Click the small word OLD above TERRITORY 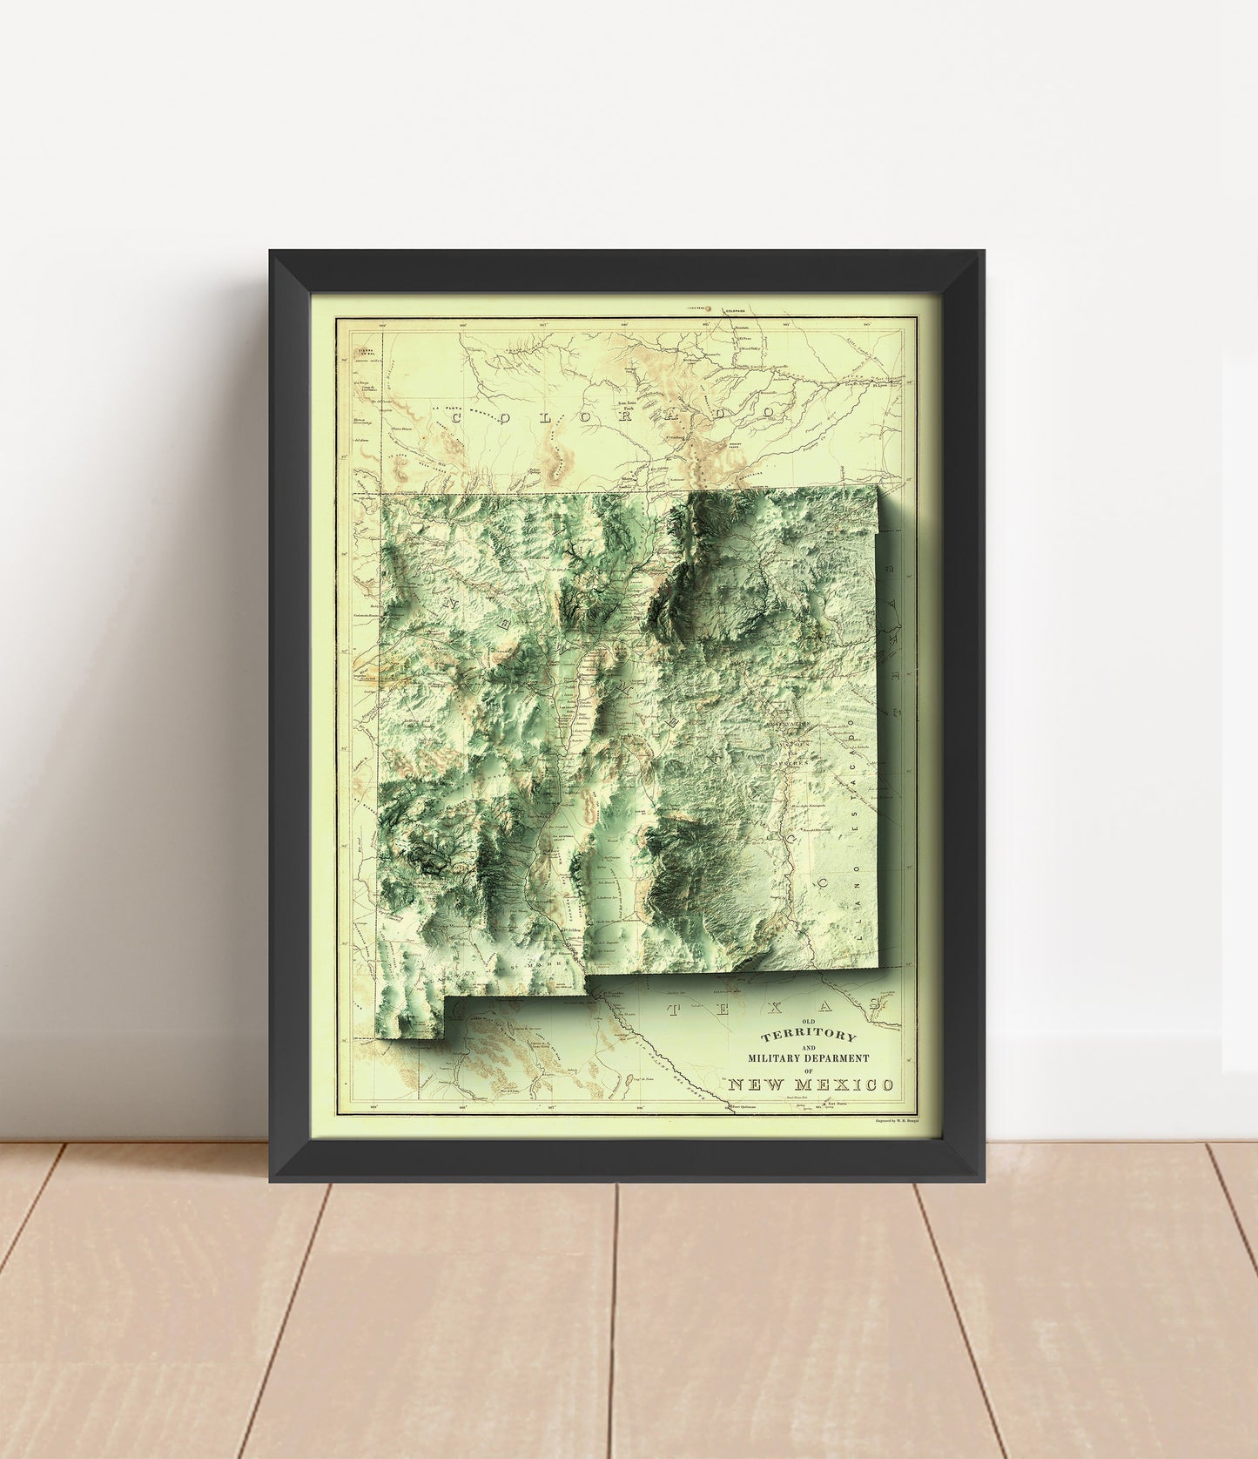click(808, 1023)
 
